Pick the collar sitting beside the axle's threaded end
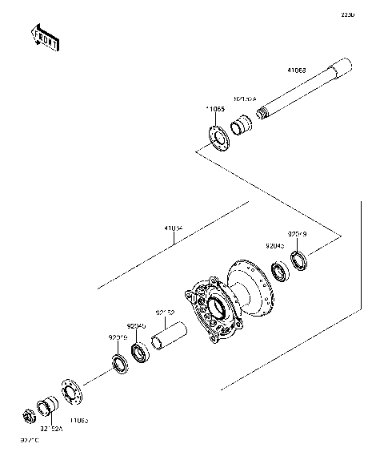[x=239, y=127]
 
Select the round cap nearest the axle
[x=217, y=137]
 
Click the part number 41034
[x=174, y=228]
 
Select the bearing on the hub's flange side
[x=280, y=273]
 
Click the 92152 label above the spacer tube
[x=165, y=313]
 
